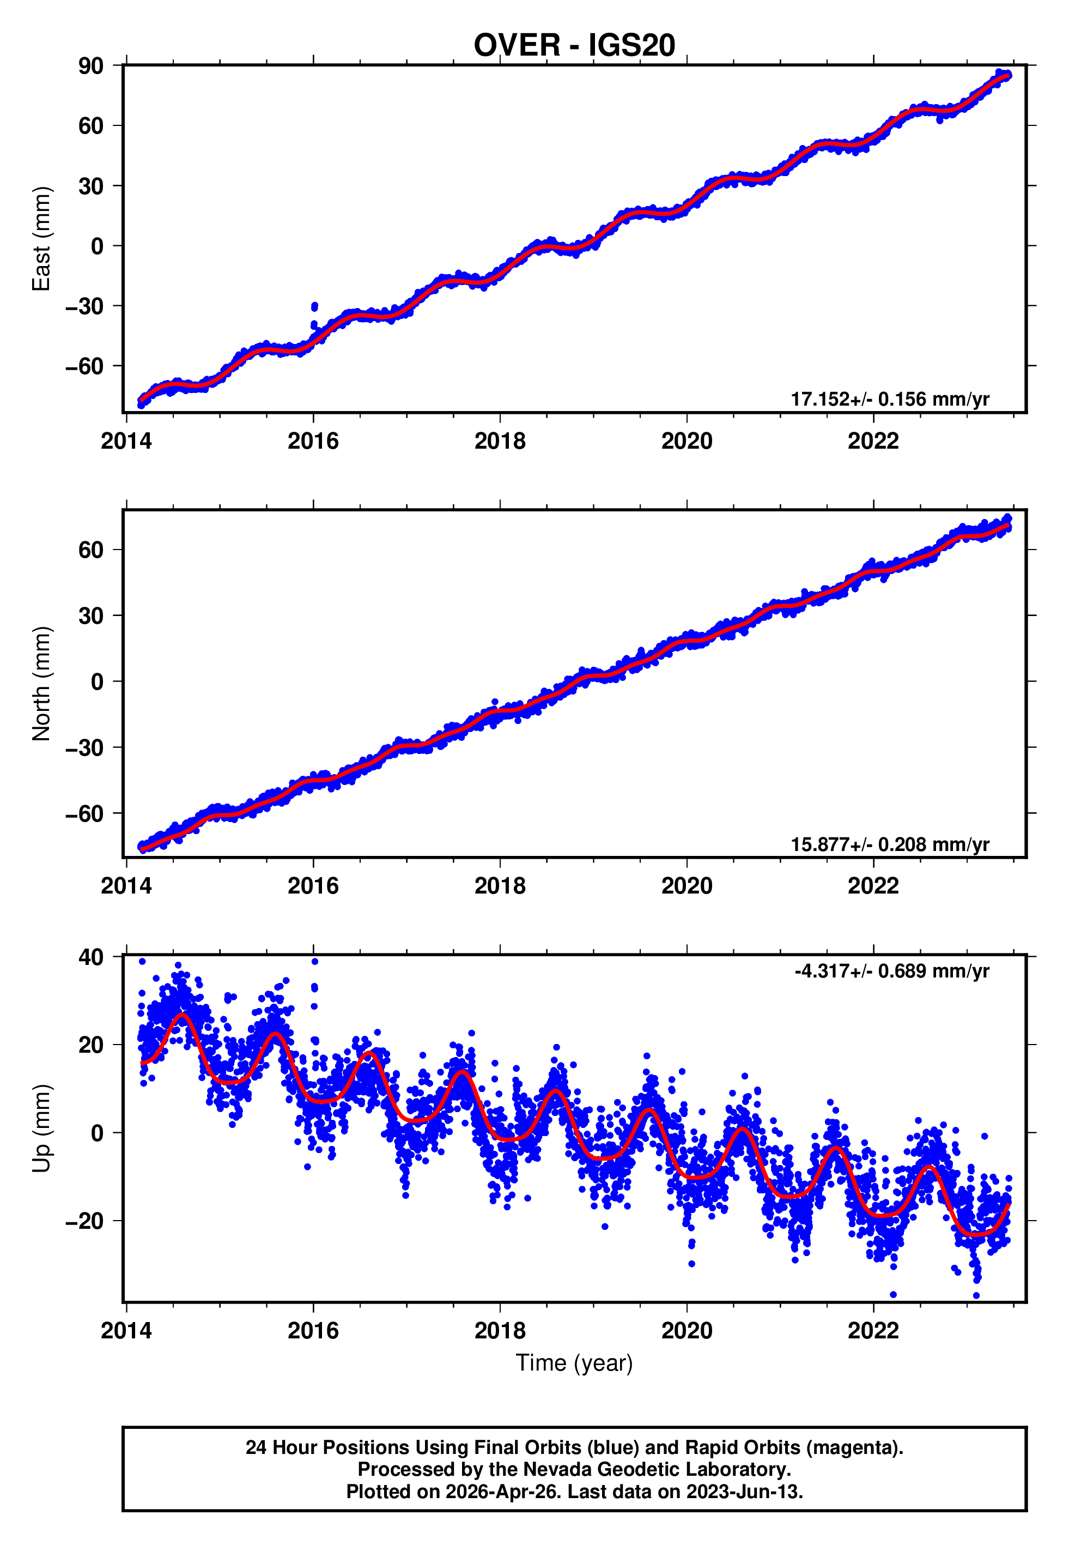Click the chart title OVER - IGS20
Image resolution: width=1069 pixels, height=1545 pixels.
574,46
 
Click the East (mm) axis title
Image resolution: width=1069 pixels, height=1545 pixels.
41,239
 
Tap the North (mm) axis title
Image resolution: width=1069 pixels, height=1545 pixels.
41,684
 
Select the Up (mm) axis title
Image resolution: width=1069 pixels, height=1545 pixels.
41,1128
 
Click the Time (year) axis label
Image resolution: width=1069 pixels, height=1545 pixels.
574,1363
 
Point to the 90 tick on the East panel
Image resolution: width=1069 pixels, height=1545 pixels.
91,65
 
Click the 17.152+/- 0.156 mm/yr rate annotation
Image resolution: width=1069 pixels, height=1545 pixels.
890,399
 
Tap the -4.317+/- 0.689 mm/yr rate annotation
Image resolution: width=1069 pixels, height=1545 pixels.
891,971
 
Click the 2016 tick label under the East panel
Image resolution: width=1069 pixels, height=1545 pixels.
313,442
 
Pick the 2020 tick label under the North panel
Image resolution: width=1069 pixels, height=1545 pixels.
687,886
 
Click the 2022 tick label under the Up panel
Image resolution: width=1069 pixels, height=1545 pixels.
873,1331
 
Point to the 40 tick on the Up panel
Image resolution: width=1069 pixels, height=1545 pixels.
91,957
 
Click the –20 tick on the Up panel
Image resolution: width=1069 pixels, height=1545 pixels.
84,1221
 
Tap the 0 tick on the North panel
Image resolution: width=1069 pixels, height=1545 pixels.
98,681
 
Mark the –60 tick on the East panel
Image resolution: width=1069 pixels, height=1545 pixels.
84,366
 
